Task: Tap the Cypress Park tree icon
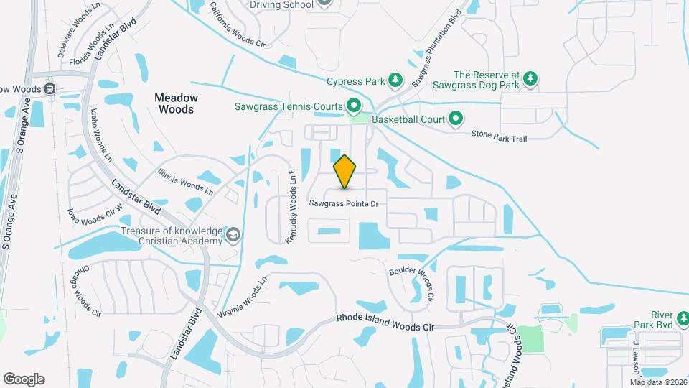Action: (395, 80)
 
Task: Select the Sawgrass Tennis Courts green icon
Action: (354, 106)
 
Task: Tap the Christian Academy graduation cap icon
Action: (233, 235)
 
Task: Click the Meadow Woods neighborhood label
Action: (174, 103)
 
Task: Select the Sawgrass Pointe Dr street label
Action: (344, 204)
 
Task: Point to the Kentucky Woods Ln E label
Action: (292, 207)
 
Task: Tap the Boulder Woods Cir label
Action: (412, 283)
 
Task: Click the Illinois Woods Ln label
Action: (185, 182)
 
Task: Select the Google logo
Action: (24, 379)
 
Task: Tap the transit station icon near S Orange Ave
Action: (50, 89)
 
